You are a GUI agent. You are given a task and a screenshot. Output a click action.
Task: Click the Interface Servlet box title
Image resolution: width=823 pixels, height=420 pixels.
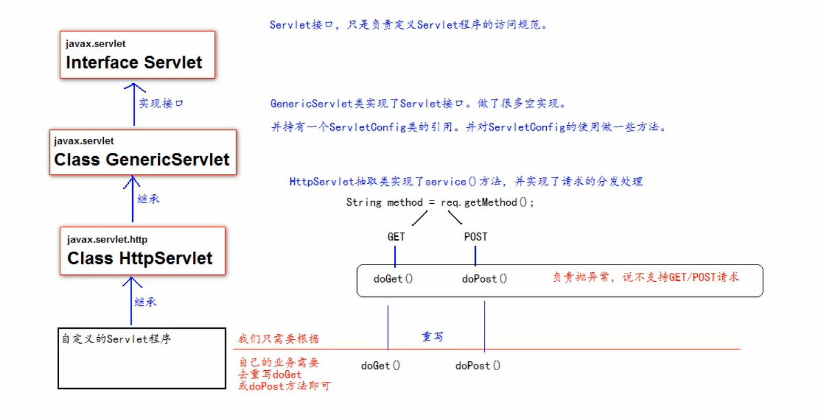click(134, 62)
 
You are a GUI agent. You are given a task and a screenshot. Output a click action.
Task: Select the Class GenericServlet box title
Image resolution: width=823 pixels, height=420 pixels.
click(142, 159)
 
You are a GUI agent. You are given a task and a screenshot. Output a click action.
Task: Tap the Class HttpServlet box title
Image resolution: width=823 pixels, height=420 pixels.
click(139, 258)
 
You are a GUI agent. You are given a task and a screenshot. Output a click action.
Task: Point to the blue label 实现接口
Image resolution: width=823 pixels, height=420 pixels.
click(161, 103)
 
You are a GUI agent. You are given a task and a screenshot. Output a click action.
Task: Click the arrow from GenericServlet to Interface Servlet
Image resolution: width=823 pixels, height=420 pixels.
click(134, 105)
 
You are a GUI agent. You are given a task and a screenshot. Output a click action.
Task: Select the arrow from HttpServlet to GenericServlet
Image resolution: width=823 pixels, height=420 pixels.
click(132, 200)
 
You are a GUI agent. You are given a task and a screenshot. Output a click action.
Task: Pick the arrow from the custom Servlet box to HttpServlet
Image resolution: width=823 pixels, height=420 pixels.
click(131, 302)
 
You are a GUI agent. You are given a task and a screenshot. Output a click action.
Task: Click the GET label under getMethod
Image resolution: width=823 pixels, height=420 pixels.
click(396, 237)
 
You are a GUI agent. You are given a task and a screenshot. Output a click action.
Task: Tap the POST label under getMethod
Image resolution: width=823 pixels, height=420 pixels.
click(475, 237)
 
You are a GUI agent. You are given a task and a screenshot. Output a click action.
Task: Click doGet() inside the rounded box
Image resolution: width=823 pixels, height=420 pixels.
click(393, 279)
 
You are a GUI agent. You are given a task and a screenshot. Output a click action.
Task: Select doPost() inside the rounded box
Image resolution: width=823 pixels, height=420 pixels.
click(484, 279)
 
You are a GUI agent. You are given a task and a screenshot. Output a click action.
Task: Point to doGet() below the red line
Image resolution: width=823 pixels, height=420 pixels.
click(380, 366)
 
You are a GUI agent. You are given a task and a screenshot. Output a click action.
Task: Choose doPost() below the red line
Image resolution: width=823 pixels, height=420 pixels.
click(478, 366)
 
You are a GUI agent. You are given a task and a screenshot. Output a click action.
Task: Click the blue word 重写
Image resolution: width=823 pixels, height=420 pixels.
click(432, 337)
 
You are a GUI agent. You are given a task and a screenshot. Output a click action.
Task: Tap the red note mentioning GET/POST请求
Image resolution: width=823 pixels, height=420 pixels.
click(645, 277)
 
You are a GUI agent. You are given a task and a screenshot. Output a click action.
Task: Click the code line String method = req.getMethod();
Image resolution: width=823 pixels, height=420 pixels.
click(439, 202)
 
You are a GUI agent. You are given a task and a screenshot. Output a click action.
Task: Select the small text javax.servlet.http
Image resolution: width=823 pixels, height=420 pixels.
click(107, 239)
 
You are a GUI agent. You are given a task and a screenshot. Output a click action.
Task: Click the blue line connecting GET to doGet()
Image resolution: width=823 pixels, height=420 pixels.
click(395, 256)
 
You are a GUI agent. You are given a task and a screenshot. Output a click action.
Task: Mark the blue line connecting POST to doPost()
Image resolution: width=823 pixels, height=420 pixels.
click(475, 256)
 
